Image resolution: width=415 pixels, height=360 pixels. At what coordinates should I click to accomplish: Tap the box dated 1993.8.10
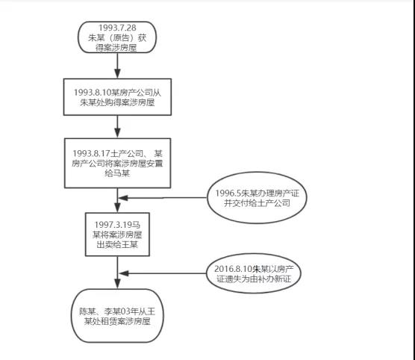coord(116,97)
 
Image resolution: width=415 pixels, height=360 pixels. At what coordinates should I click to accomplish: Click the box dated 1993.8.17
coord(116,161)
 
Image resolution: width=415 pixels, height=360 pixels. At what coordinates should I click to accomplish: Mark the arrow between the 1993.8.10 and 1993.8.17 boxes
coord(117,128)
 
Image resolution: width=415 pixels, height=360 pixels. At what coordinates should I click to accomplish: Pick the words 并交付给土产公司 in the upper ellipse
coord(256,204)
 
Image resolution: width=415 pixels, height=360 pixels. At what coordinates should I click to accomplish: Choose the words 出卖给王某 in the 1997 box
coord(116,243)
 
